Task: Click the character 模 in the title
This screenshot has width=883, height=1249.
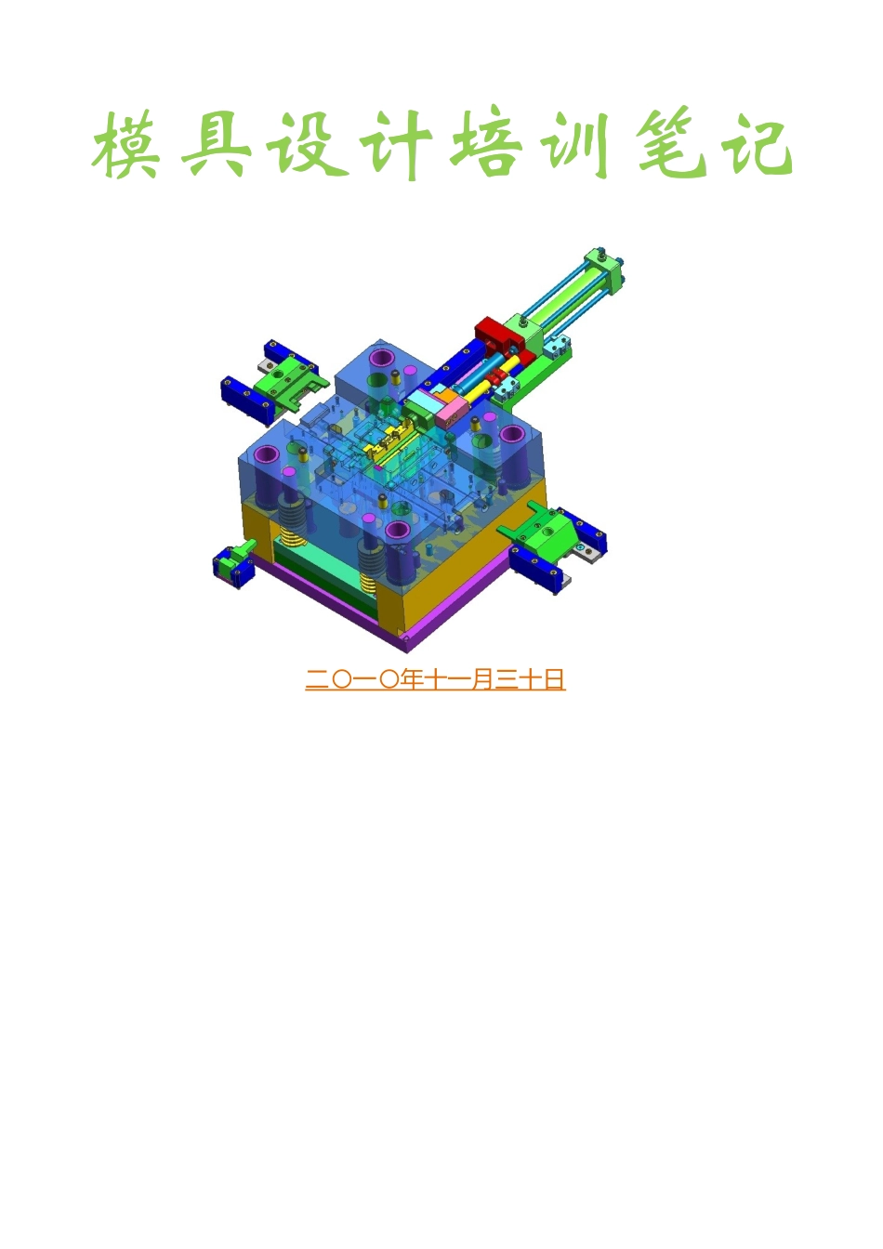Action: (x=125, y=144)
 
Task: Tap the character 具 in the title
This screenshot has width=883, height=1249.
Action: (x=215, y=145)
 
